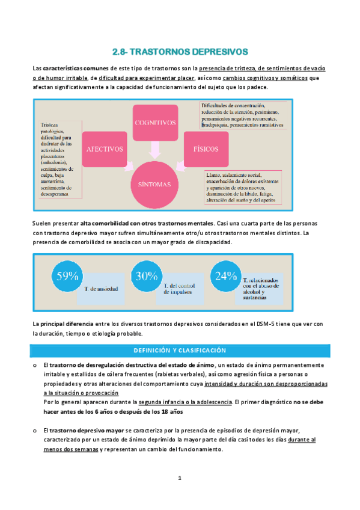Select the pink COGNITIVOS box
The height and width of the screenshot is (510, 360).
[x=155, y=123]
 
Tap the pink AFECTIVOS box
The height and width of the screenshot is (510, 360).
[x=105, y=148]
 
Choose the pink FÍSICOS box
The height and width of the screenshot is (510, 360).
[x=206, y=148]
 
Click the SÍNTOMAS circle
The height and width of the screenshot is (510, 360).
[x=155, y=184]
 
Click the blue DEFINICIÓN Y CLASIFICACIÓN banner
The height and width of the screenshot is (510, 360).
[x=180, y=350]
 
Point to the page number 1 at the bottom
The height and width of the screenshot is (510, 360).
[x=179, y=479]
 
